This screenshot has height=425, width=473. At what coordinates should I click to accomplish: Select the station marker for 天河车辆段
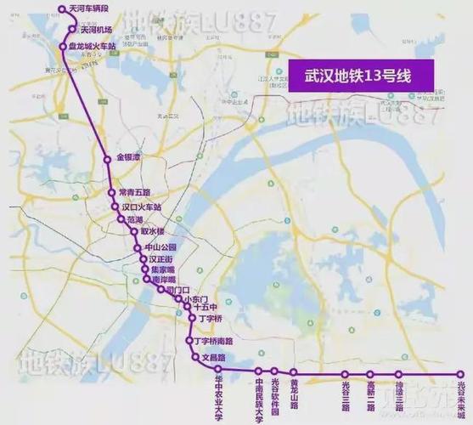click(61, 9)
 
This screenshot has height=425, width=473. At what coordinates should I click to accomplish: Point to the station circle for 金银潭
click(107, 159)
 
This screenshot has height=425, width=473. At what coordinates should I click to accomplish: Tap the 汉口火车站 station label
click(140, 206)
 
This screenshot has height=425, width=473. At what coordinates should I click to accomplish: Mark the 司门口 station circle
click(160, 290)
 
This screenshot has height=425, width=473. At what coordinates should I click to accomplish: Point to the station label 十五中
click(206, 308)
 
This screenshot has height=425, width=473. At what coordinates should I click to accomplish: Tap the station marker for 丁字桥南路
click(189, 341)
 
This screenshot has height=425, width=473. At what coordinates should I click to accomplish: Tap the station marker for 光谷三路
click(398, 373)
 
